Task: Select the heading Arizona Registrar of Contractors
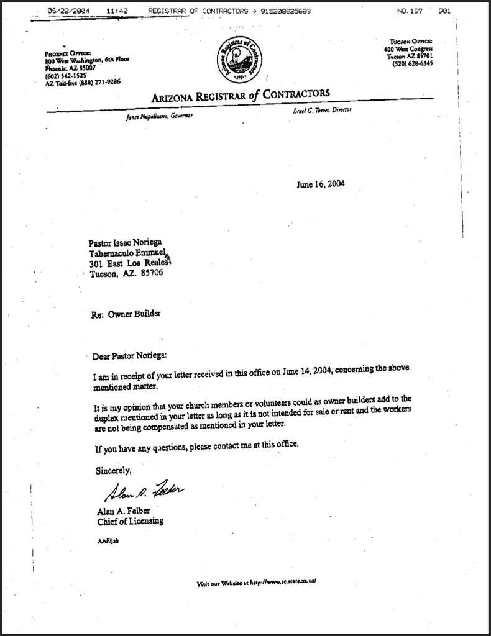click(240, 96)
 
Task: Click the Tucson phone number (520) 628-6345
click(413, 63)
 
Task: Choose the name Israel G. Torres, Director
click(322, 110)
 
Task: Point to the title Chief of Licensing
click(131, 521)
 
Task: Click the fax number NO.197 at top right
click(410, 11)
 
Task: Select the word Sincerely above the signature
click(114, 470)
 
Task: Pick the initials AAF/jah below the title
click(108, 540)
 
